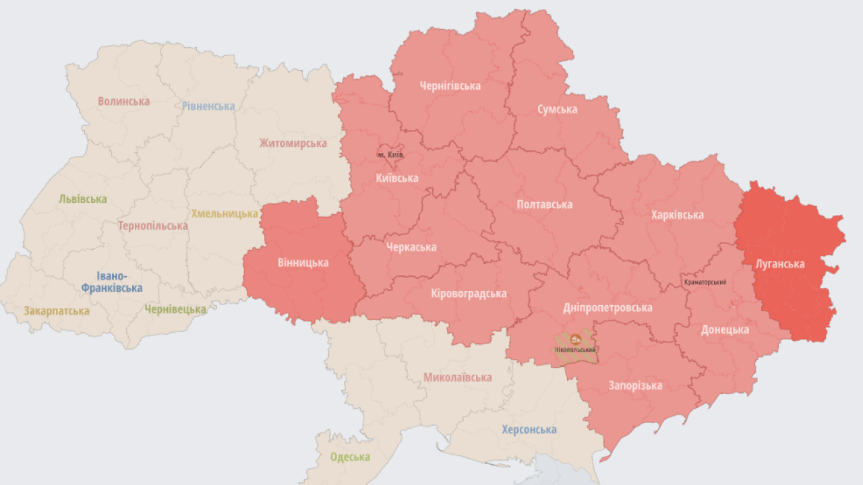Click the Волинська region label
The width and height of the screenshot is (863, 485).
pos(123,101)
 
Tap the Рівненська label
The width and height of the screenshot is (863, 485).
pos(208,106)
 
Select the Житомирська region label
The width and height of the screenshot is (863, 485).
pos(293,143)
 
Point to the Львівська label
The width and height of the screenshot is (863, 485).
pos(83,199)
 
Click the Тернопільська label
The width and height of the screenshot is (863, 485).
pos(152,226)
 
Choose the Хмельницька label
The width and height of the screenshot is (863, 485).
pos(225,214)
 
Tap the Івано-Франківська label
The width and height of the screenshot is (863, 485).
pos(112,282)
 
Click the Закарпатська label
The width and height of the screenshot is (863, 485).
pos(57,311)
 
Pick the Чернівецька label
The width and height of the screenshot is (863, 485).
pos(175,309)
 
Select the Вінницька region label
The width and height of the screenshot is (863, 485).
pos(303,262)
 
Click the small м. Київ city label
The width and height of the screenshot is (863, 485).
pos(390,155)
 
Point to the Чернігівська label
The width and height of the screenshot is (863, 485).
pos(450,86)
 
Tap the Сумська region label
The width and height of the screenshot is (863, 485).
pos(557,109)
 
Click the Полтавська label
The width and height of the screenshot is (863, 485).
pos(544,204)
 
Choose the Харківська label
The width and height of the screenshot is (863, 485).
pos(677,215)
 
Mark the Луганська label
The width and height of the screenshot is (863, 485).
pos(779,264)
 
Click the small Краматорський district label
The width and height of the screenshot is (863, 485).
pos(705,282)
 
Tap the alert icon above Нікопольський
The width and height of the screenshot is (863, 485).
pos(576,339)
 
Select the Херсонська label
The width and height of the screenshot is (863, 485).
pos(529,429)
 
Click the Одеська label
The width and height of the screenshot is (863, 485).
pos(350,457)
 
